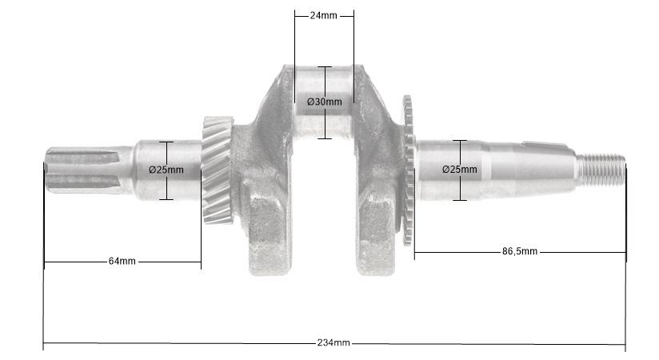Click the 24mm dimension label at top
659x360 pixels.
[323, 16]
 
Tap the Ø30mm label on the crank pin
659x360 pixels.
[324, 102]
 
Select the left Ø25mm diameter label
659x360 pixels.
[166, 170]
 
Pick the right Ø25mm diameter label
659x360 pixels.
[460, 170]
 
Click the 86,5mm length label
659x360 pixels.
[520, 252]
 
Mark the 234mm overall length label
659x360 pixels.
[333, 343]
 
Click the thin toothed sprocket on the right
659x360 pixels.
[409, 172]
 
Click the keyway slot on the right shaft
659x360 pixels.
[548, 144]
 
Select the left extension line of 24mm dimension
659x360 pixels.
[294, 40]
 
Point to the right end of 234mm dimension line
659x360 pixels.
[625, 345]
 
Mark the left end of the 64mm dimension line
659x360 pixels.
[45, 262]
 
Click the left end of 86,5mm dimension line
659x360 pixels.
[415, 253]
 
